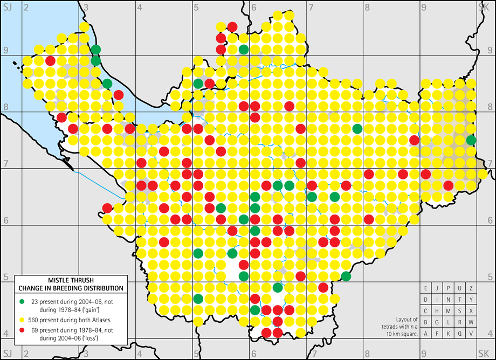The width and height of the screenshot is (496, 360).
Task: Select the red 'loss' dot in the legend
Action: coord(21,329)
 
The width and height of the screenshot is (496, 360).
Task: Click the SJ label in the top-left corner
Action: coord(7,7)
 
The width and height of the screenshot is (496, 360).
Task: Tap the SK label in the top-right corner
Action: coord(484,7)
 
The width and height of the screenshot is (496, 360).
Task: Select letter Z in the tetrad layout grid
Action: coord(471,288)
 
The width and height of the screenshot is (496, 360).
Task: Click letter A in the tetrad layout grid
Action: coord(426,333)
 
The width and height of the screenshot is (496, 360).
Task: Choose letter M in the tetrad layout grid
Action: coord(449,310)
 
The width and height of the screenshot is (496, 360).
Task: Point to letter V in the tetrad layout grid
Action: coord(471,333)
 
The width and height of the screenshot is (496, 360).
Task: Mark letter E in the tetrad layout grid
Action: coord(426,288)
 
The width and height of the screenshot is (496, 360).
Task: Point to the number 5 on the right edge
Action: coord(490,277)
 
